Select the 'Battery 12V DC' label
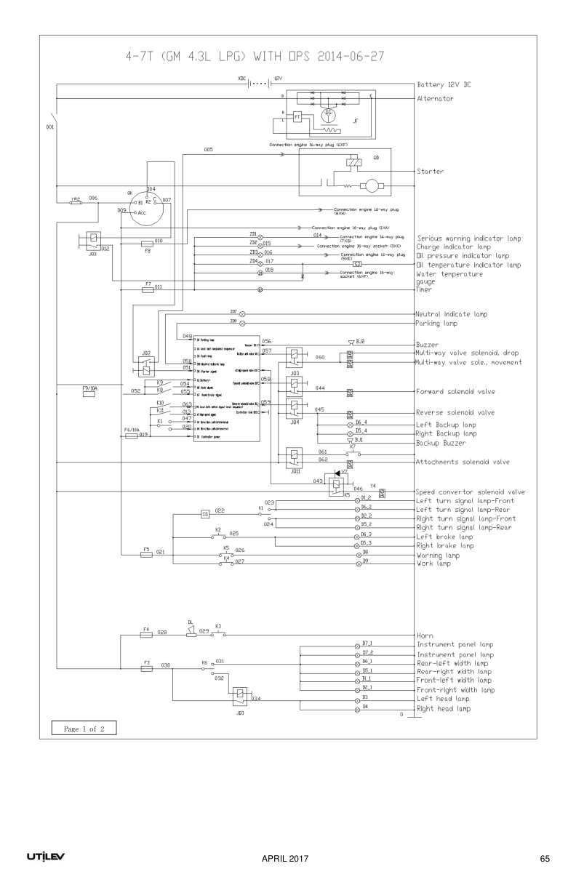[444, 85]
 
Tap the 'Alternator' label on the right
[436, 98]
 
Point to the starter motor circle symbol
[371, 186]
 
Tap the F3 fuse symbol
[146, 666]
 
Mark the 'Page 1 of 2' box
[84, 729]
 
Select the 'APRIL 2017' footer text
[286, 859]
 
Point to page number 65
[545, 859]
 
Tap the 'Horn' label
[425, 636]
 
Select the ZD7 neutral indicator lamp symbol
[243, 314]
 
